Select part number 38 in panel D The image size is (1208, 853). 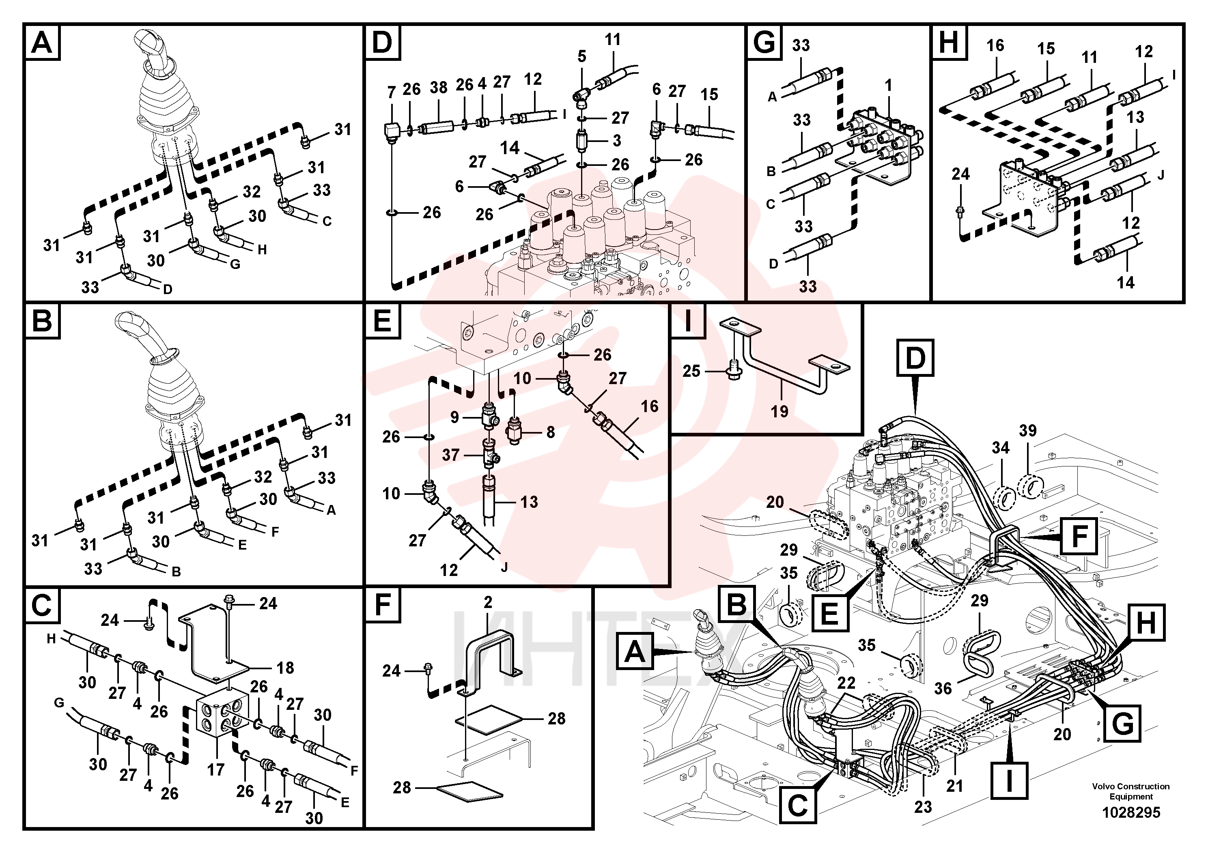(x=438, y=87)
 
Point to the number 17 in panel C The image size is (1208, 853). (x=216, y=770)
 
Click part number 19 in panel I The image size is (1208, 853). (x=779, y=411)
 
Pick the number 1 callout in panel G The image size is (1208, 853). (x=888, y=85)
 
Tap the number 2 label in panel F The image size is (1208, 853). (x=488, y=602)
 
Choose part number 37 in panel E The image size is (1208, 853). (x=450, y=454)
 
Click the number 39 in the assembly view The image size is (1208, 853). (x=1027, y=430)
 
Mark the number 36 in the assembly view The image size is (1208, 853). (x=943, y=688)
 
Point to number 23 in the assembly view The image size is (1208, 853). (x=923, y=807)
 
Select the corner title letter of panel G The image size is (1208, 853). (x=764, y=43)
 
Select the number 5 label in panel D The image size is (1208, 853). (x=581, y=56)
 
